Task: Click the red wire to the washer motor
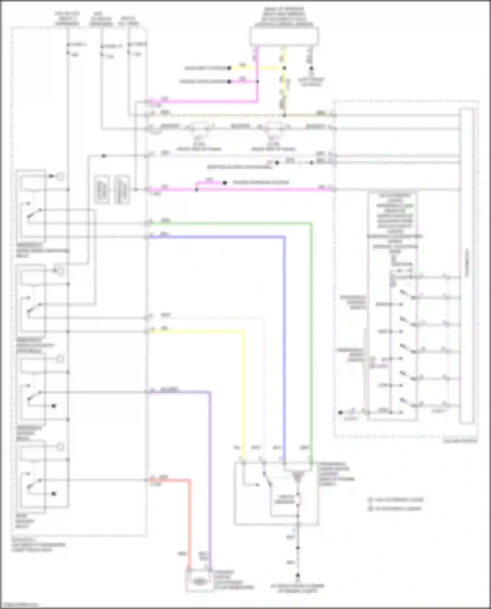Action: coord(189,524)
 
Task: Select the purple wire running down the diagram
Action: coord(209,475)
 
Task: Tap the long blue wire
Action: coord(284,344)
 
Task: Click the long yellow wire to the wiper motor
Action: coord(244,393)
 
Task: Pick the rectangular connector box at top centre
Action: coord(284,36)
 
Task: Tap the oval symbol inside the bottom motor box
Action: coord(198,581)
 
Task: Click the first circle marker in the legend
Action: coord(371,500)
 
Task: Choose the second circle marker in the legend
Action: coord(371,509)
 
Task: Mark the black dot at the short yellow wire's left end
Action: coord(229,68)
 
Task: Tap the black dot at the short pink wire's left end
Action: coord(229,81)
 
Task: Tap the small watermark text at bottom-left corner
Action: coord(20,605)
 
